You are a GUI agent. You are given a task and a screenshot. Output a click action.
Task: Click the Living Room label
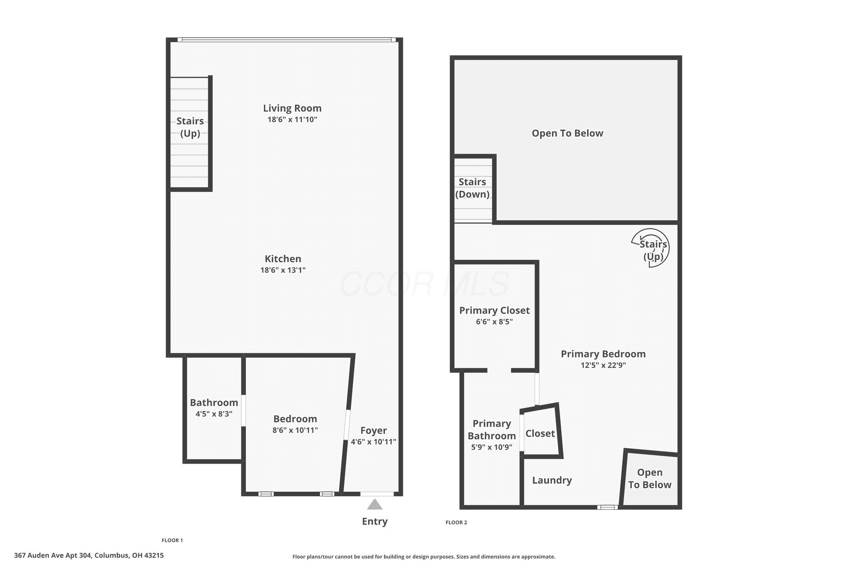292,108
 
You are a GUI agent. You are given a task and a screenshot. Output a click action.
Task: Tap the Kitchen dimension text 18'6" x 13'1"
283,270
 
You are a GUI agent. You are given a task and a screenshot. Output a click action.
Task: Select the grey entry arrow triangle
375,504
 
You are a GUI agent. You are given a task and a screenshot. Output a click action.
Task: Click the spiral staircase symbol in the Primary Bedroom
650,248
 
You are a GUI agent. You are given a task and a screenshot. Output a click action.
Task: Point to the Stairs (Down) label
472,188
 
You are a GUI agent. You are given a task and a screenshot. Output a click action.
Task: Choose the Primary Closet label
494,310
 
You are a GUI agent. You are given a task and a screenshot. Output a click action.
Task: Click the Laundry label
552,480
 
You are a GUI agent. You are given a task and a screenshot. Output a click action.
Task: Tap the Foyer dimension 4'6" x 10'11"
373,442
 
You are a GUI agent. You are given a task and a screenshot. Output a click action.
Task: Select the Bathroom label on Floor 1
214,402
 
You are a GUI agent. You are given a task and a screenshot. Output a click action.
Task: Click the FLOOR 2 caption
456,522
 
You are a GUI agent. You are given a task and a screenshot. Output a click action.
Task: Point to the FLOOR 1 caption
172,540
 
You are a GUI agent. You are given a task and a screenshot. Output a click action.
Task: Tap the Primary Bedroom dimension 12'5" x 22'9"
603,365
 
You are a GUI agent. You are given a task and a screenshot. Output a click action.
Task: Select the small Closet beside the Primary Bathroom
541,431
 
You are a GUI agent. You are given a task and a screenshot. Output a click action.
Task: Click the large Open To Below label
567,133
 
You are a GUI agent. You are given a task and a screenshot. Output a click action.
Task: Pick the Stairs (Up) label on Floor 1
190,127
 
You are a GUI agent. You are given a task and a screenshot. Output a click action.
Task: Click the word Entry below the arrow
375,522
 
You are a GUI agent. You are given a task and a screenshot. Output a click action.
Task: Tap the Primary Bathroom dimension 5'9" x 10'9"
492,447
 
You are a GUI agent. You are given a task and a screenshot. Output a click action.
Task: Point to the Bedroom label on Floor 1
295,419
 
